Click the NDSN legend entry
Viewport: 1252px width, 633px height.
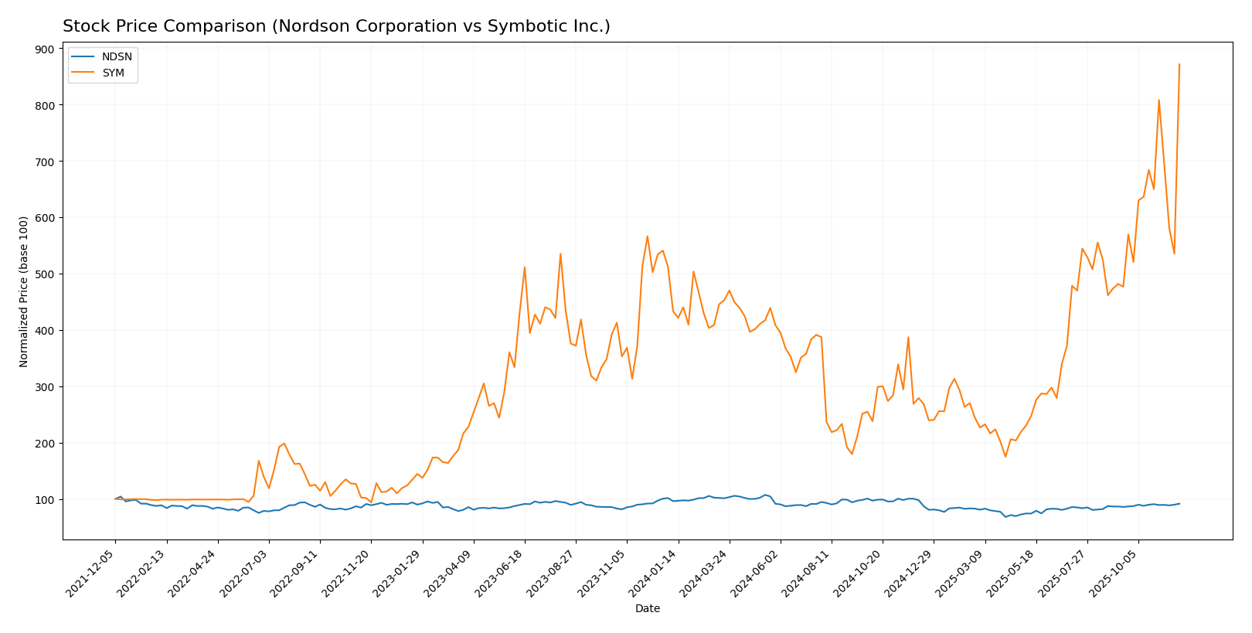click(x=116, y=57)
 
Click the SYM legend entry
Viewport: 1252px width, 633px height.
click(x=113, y=73)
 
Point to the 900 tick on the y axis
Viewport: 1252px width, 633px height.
click(x=44, y=49)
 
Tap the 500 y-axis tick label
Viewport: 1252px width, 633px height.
click(x=44, y=274)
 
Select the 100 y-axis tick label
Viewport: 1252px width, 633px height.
click(x=44, y=500)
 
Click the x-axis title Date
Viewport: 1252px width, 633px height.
click(x=647, y=609)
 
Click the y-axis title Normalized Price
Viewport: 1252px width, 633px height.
click(x=24, y=291)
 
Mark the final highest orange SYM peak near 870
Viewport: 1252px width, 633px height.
click(x=1179, y=64)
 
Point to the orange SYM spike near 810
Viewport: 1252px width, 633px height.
click(x=1158, y=100)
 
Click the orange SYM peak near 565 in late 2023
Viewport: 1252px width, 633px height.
click(x=647, y=237)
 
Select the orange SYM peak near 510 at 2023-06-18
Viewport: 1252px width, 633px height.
click(x=525, y=267)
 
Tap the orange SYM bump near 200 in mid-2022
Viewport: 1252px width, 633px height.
click(x=284, y=444)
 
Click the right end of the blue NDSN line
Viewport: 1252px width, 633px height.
click(x=1179, y=504)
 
